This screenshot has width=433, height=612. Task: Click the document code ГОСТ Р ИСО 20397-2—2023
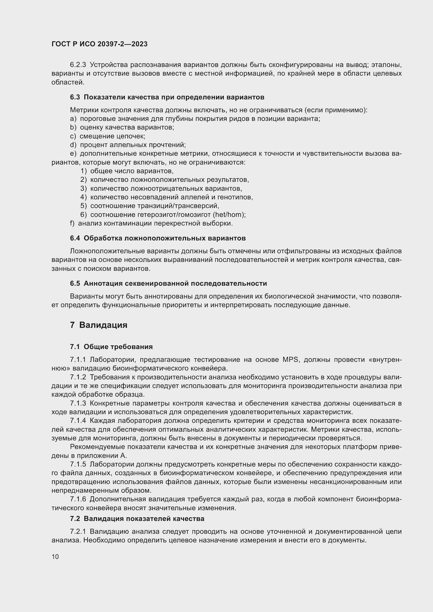[99, 44]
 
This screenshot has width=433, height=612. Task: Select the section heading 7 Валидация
[99, 325]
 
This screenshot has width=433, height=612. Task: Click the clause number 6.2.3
[78, 65]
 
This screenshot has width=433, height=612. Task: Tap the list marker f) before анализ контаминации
[72, 223]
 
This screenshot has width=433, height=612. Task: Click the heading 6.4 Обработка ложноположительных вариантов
[158, 238]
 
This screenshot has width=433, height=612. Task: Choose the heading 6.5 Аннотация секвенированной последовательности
[168, 283]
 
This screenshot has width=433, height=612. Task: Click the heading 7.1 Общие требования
[111, 347]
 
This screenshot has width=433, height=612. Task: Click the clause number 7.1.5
[78, 464]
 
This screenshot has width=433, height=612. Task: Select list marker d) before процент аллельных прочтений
[73, 145]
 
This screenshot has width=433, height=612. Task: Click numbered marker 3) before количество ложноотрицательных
[84, 188]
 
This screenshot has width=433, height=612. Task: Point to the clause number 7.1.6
[78, 499]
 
